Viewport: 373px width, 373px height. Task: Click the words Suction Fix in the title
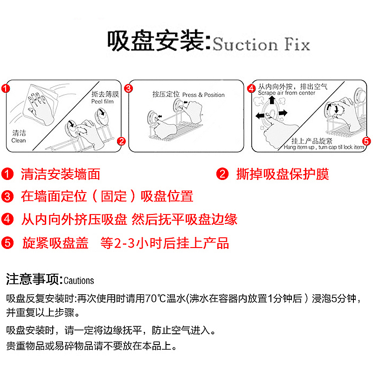261,44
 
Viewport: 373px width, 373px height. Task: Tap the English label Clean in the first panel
19,140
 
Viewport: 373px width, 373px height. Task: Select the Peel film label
103,102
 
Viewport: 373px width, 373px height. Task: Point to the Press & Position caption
203,95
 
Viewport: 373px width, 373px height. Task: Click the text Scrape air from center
286,93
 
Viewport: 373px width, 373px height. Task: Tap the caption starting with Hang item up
324,147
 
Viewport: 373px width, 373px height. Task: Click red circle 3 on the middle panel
129,89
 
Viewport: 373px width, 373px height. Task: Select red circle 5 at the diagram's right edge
366,141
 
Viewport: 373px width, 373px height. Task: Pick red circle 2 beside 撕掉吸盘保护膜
222,174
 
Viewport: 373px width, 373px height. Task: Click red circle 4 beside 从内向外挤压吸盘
7,219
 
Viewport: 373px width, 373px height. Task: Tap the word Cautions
79,281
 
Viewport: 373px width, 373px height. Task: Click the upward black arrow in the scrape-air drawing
272,100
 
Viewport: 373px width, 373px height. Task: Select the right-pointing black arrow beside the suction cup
283,113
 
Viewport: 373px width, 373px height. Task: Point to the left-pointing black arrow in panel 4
260,116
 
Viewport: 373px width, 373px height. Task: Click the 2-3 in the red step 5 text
125,243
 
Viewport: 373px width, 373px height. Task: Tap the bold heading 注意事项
33,279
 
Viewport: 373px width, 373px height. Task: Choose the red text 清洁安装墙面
61,174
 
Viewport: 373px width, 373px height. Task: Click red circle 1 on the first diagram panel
6,89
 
